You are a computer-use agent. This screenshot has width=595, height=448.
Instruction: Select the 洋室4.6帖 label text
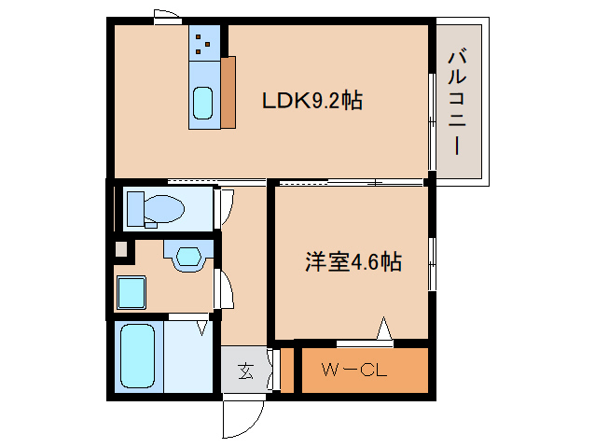point(353,262)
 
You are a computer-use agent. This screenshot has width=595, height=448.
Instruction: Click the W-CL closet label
point(354,371)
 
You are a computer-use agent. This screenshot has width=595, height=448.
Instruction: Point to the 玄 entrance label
point(245,371)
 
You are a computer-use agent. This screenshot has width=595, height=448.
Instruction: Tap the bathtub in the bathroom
point(138,357)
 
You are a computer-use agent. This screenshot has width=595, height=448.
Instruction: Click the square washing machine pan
point(131,295)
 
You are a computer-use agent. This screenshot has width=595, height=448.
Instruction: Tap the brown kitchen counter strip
point(228,91)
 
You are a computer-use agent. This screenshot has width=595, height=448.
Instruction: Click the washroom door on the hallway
point(225,288)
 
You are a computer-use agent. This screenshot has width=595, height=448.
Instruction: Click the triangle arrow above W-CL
point(383,329)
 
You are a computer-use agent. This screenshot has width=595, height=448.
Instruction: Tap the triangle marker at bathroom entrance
point(201,326)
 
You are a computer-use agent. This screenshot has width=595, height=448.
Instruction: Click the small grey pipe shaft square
point(119,249)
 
